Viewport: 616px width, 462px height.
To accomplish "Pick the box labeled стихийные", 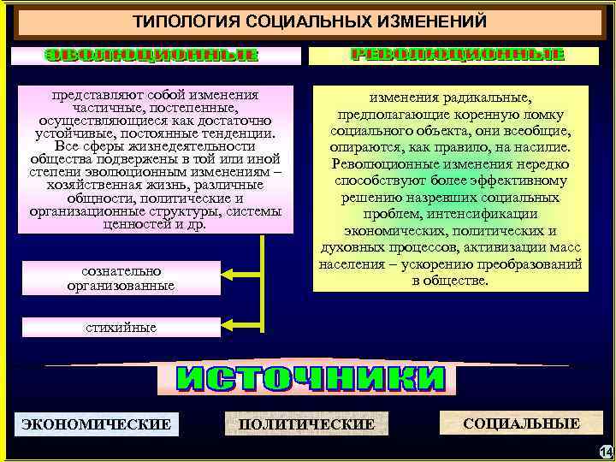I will [x=121, y=328].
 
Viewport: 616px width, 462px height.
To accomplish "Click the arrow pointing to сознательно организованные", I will [x=234, y=275].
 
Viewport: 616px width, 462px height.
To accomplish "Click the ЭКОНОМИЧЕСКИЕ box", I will [x=96, y=423].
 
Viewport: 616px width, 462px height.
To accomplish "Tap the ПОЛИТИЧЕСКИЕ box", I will [x=306, y=424].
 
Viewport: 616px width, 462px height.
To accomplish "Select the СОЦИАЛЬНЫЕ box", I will [x=521, y=423].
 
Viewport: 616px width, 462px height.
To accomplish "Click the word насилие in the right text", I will [x=544, y=146].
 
